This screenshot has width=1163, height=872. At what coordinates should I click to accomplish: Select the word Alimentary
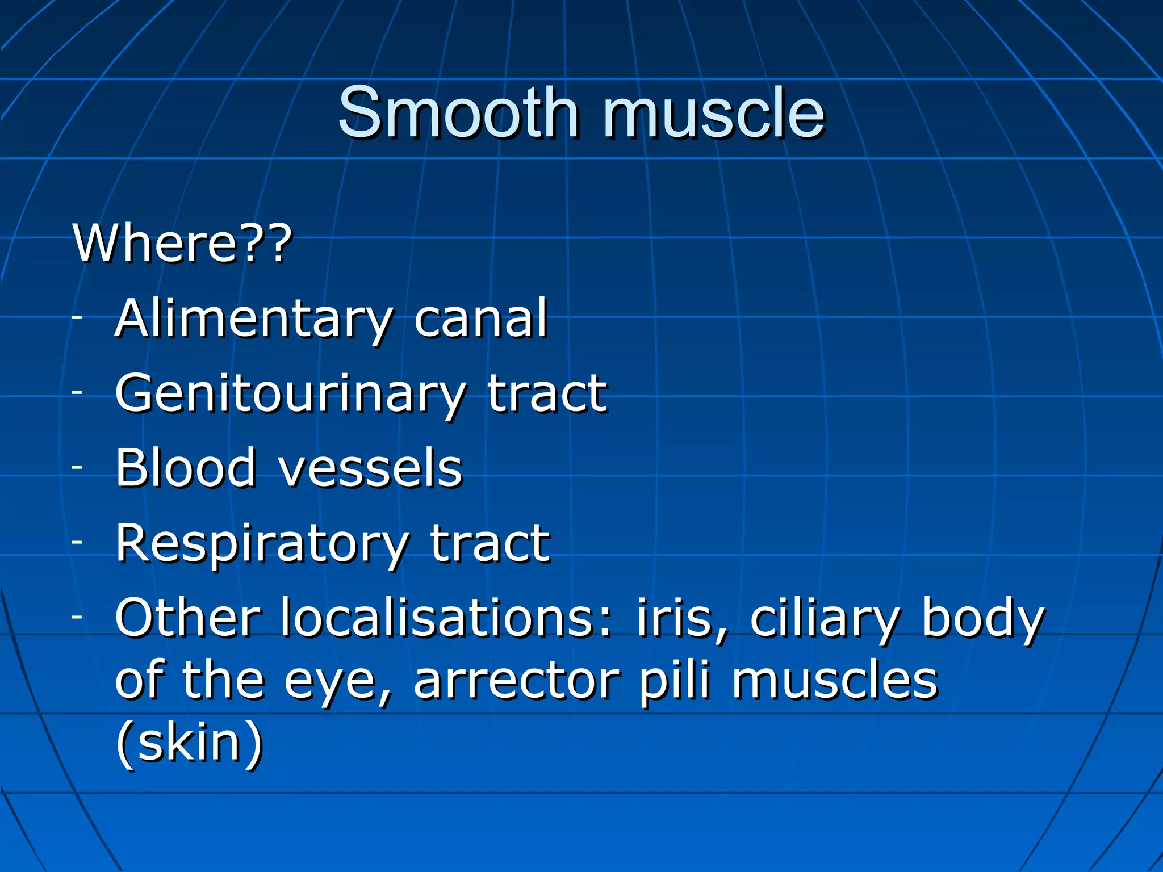253,319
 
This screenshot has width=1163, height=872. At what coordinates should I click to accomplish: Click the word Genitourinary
290,394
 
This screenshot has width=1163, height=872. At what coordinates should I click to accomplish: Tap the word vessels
370,469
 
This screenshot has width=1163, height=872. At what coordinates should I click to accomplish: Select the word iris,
681,619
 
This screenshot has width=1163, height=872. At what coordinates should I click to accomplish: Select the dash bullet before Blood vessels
77,468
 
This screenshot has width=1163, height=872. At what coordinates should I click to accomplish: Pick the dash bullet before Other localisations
77,617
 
